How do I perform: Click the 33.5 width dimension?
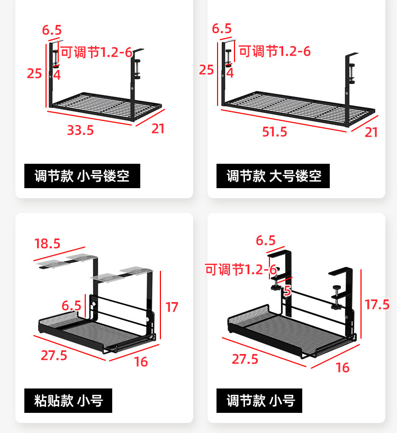[80, 130]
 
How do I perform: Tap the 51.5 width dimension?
[275, 132]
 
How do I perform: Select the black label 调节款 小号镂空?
[82, 176]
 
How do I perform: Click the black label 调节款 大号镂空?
[273, 176]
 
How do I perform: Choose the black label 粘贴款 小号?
[68, 400]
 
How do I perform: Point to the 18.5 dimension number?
[48, 244]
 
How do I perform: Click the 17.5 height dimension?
[377, 304]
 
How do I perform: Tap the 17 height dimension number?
[172, 307]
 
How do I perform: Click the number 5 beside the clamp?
[287, 290]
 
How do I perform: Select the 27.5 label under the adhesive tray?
[54, 355]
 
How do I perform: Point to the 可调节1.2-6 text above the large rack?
[275, 51]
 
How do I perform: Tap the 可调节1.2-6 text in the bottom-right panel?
[241, 270]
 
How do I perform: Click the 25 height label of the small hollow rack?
[34, 73]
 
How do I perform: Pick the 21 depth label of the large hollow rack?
[372, 132]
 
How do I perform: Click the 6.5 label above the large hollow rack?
[222, 29]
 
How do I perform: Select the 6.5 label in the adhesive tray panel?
[71, 306]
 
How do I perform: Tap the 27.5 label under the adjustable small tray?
[245, 359]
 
